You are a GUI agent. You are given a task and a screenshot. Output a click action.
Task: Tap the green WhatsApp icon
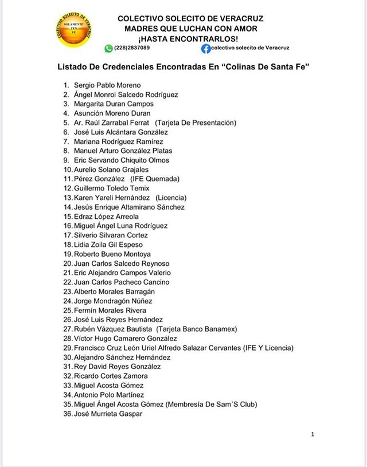pyautogui.click(x=108, y=48)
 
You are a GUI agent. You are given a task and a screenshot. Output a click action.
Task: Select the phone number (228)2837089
pyautogui.click(x=132, y=48)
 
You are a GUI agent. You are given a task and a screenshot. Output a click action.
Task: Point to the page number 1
pyautogui.click(x=313, y=434)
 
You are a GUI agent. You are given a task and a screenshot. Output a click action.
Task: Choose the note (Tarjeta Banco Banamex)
pyautogui.click(x=196, y=329)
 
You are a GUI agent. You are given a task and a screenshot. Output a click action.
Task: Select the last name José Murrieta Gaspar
pyautogui.click(x=108, y=413)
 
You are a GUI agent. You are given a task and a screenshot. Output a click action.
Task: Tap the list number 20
pyautogui.click(x=68, y=264)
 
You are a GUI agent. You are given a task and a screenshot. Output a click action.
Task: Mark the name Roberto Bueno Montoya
pyautogui.click(x=112, y=254)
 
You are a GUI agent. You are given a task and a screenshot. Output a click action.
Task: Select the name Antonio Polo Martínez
pyautogui.click(x=109, y=395)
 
